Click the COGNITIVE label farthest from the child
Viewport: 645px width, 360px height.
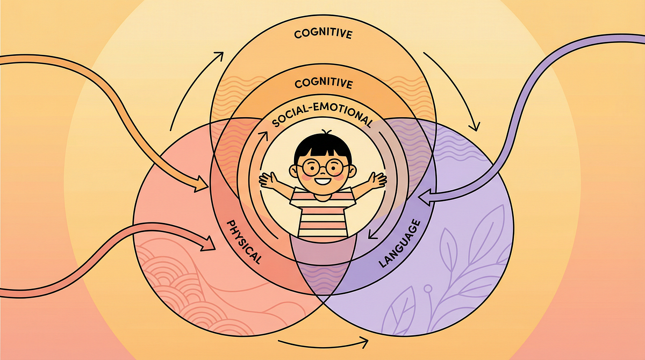point(323,35)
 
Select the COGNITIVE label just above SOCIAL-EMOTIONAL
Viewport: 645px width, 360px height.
point(323,84)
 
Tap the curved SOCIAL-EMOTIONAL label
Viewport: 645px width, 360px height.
point(322,116)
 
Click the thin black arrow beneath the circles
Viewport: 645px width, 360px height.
point(322,341)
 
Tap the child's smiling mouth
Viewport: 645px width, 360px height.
point(323,181)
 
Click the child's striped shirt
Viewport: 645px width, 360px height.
point(322,215)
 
